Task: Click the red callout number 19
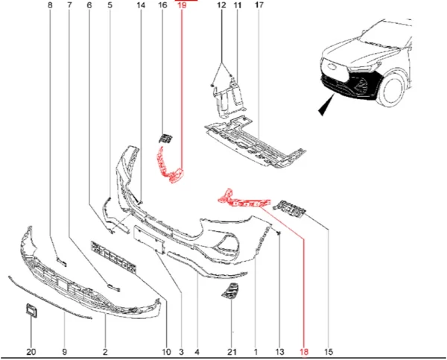pyautogui.click(x=182, y=5)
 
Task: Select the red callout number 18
pyautogui.click(x=304, y=352)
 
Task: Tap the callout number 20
pyautogui.click(x=31, y=352)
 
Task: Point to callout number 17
pyautogui.click(x=259, y=5)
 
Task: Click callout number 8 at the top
pyautogui.click(x=50, y=5)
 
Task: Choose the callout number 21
pyautogui.click(x=232, y=352)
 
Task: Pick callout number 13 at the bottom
pyautogui.click(x=280, y=352)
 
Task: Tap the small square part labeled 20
pyautogui.click(x=31, y=311)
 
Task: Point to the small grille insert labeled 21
pyautogui.click(x=230, y=291)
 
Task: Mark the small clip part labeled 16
pyautogui.click(x=165, y=138)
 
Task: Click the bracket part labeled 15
pyautogui.click(x=289, y=208)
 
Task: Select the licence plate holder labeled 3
pyautogui.click(x=149, y=239)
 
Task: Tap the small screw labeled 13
pyautogui.click(x=279, y=233)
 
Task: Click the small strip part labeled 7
pyautogui.click(x=113, y=287)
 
